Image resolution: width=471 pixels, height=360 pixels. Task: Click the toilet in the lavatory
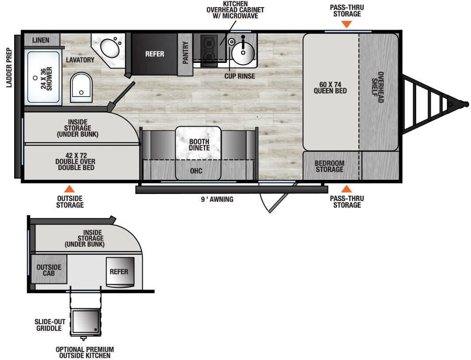coord(82,87)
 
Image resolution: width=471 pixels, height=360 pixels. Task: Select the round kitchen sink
coord(243,54)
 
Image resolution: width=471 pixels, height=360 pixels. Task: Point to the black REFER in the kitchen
coord(154,54)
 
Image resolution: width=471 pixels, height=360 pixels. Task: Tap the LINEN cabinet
coord(42,40)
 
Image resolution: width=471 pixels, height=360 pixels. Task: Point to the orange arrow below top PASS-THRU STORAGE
coord(346,24)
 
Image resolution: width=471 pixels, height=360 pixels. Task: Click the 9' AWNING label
coord(217,200)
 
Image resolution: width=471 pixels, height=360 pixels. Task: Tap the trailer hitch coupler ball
coord(465,104)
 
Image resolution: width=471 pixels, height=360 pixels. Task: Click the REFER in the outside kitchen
coord(119,271)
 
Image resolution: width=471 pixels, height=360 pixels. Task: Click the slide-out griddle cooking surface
coord(85,322)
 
